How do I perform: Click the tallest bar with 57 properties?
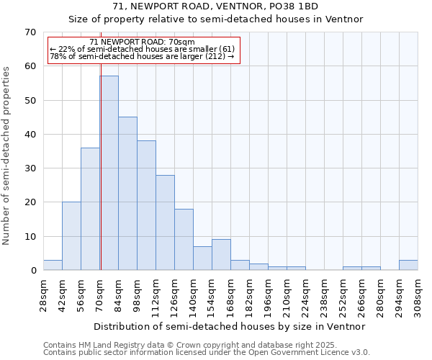[109, 173]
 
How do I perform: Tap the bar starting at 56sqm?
[90, 209]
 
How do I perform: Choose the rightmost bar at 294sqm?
[408, 265]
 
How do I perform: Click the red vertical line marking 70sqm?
[101, 144]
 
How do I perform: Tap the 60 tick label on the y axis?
[30, 66]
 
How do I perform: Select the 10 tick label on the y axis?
[30, 236]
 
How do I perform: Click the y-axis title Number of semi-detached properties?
[6, 156]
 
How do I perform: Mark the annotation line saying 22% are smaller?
[142, 49]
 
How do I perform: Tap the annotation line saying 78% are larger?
[142, 57]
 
